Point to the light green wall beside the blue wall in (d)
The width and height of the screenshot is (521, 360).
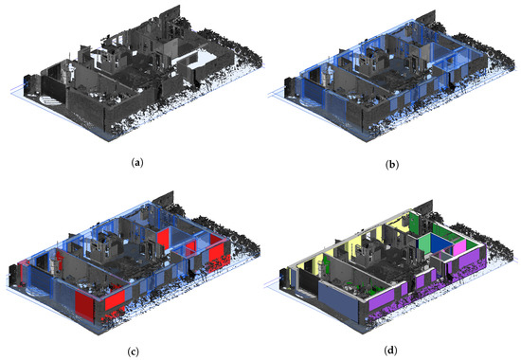(x=425, y=239)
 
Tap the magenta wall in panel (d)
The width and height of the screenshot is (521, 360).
(x=460, y=249)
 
